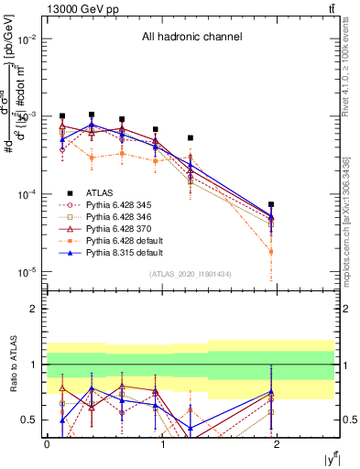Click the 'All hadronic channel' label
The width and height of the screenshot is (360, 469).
191,38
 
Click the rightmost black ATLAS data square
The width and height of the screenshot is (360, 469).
271,205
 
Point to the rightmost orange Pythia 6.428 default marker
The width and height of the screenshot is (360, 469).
271,251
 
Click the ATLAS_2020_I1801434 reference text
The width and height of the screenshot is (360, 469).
191,274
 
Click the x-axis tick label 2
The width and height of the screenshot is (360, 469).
277,443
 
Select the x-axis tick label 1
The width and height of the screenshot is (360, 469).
162,443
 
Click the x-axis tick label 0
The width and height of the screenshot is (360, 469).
47,443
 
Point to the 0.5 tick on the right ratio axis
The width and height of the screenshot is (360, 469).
346,420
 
